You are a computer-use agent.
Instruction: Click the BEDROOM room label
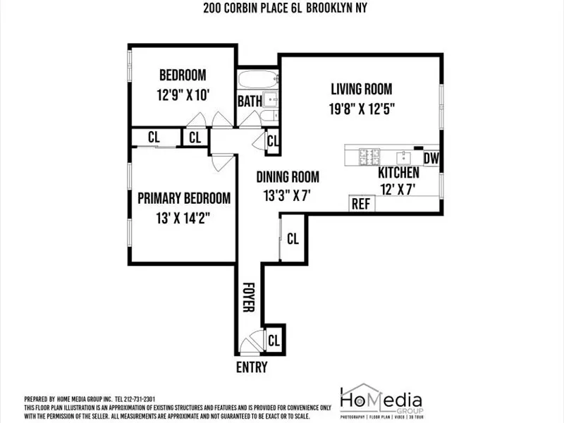182,75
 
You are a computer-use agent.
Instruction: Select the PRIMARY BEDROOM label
184,198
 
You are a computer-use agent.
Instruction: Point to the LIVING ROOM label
362,89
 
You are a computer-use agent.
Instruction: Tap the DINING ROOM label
288,177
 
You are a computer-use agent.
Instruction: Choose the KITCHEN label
399,173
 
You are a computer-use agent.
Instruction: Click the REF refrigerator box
361,204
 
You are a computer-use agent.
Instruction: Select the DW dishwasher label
431,159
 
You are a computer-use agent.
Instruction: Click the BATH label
249,102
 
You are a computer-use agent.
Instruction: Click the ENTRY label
252,367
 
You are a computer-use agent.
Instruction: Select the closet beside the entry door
274,340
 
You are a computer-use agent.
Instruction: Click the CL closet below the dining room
293,238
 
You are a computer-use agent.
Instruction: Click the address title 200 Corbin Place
285,8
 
